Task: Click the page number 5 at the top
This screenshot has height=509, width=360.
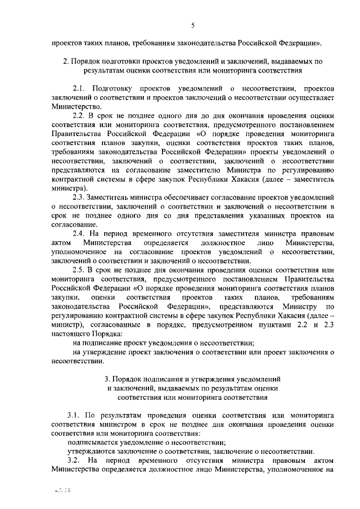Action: (x=192, y=25)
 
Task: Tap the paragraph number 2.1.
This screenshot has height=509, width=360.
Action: (x=79, y=89)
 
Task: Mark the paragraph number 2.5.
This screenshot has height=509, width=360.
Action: (x=79, y=269)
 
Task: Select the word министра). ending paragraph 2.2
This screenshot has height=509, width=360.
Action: (x=69, y=188)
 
